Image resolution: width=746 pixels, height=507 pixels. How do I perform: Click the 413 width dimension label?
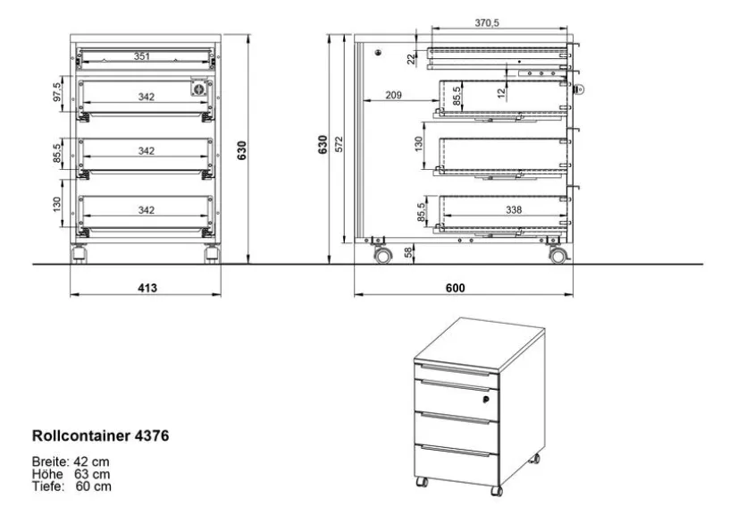pyautogui.click(x=147, y=288)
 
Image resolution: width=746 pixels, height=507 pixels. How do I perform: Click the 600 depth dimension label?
pyautogui.click(x=456, y=288)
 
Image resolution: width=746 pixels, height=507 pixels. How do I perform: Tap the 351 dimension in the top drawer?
pyautogui.click(x=142, y=56)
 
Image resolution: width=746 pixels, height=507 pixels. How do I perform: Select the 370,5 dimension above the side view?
pyautogui.click(x=487, y=23)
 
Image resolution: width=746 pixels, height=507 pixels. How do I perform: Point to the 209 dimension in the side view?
pyautogui.click(x=393, y=95)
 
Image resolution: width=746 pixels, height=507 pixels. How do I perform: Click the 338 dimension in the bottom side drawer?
pyautogui.click(x=514, y=209)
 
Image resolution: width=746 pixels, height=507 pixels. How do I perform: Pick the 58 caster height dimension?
pyautogui.click(x=408, y=253)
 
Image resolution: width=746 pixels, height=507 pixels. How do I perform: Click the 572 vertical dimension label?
pyautogui.click(x=339, y=144)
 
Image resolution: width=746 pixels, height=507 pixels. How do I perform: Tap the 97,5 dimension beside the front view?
pyautogui.click(x=56, y=92)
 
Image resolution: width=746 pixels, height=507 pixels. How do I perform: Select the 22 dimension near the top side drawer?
pyautogui.click(x=411, y=58)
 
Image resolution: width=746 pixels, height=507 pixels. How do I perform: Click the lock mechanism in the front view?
pyautogui.click(x=199, y=88)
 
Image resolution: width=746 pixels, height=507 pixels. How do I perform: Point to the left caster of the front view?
pyautogui.click(x=79, y=254)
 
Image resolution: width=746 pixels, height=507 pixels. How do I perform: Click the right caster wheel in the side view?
pyautogui.click(x=558, y=256)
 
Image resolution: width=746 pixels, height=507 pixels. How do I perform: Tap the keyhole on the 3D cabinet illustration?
pyautogui.click(x=486, y=400)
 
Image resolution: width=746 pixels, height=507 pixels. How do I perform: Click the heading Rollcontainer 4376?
pyautogui.click(x=100, y=435)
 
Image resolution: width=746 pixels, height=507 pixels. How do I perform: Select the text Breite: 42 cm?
pyautogui.click(x=71, y=461)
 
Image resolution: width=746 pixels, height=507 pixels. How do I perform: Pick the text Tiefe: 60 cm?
pyautogui.click(x=71, y=486)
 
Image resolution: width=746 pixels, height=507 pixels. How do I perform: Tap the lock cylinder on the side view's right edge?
pyautogui.click(x=580, y=89)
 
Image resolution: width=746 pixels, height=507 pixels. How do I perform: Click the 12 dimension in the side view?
pyautogui.click(x=501, y=93)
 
